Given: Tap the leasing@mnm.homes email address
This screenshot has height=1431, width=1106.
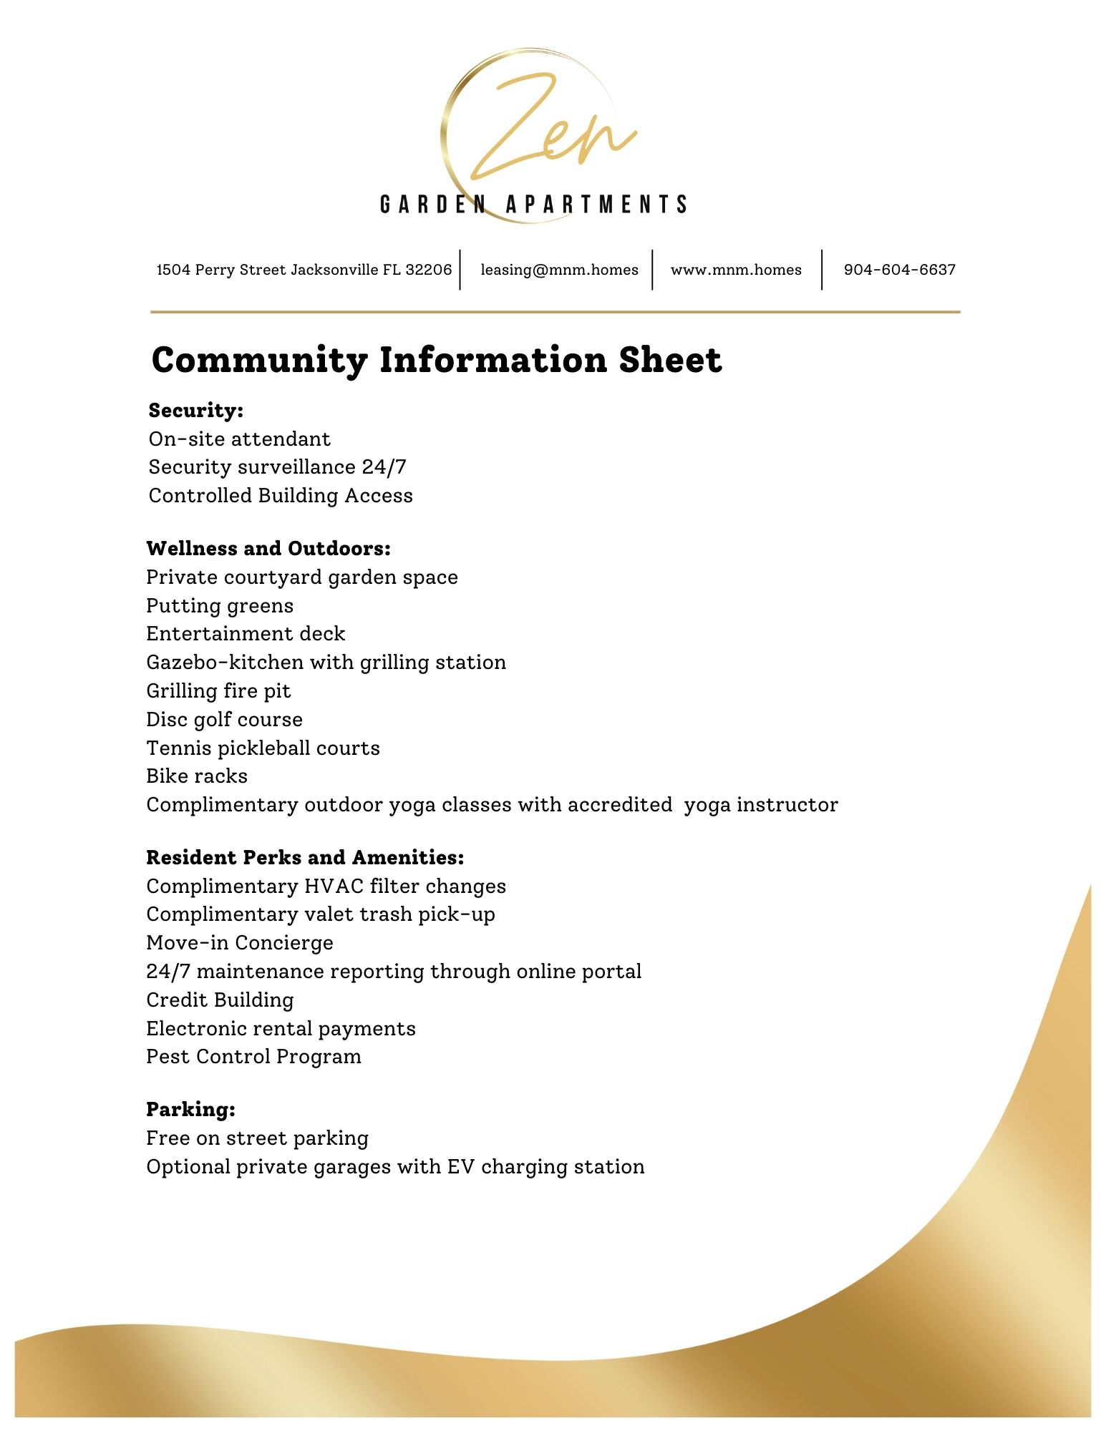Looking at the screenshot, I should [559, 270].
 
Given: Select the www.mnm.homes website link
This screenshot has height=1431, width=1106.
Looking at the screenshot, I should [736, 270].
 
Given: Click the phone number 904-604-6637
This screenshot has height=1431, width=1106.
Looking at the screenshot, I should [899, 270].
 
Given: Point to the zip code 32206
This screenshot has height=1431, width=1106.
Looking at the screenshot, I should [429, 270].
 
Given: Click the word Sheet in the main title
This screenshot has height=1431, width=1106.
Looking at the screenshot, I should [670, 359].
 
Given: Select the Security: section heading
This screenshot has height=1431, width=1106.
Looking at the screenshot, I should [196, 411].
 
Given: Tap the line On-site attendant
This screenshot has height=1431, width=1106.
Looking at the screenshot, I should [239, 439].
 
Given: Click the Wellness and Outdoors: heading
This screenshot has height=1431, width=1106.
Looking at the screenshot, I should [268, 549].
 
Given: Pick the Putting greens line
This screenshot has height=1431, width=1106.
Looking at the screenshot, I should [220, 606].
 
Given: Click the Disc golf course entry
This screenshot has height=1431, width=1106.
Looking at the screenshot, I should [224, 719].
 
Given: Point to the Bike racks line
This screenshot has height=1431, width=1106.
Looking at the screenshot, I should [197, 776].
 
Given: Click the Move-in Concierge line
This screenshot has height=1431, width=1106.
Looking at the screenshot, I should [240, 943].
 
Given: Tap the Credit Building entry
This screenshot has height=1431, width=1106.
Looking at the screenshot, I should [220, 1000].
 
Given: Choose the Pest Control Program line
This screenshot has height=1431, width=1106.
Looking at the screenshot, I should [253, 1057].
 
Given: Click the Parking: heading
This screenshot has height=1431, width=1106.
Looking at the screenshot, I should [190, 1110].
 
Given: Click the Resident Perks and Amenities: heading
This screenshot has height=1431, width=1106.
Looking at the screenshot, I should [305, 858].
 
